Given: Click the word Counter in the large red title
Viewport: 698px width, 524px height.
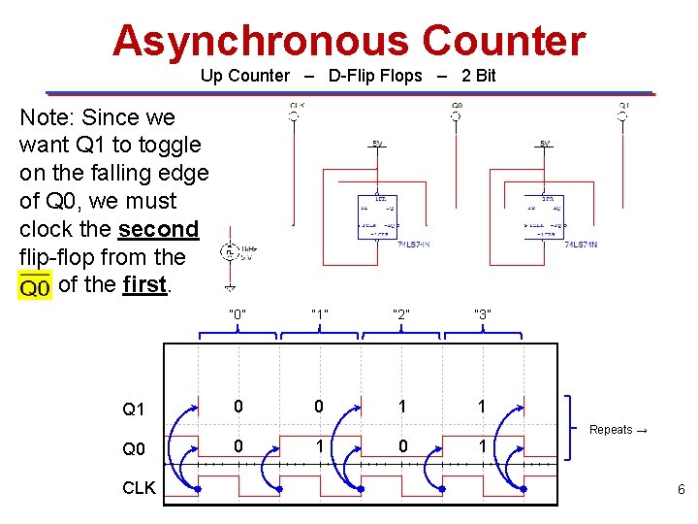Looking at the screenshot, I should pyautogui.click(x=503, y=42).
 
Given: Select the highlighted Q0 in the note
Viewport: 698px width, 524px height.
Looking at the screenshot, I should pyautogui.click(x=35, y=286).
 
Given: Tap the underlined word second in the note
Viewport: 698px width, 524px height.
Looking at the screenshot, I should pyautogui.click(x=158, y=230).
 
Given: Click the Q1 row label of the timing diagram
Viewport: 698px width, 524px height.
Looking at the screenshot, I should pyautogui.click(x=134, y=409).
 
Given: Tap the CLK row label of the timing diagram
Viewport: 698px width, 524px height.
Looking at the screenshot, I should pyautogui.click(x=139, y=488).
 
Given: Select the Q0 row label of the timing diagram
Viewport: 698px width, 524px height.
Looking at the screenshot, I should pyautogui.click(x=134, y=449).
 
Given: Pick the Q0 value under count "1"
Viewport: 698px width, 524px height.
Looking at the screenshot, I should pyautogui.click(x=319, y=447).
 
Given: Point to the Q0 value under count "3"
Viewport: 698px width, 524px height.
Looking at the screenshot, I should pyautogui.click(x=482, y=447).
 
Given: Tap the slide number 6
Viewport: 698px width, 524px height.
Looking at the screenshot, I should pyautogui.click(x=681, y=490).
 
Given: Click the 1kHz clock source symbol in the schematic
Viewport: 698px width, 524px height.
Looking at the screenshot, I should pyautogui.click(x=230, y=253).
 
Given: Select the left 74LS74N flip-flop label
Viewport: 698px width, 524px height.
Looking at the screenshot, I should pyautogui.click(x=415, y=245).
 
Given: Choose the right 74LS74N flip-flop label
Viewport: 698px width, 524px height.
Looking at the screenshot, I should pyautogui.click(x=581, y=245).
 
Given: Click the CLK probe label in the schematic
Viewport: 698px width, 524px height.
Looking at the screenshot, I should pyautogui.click(x=297, y=105).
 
